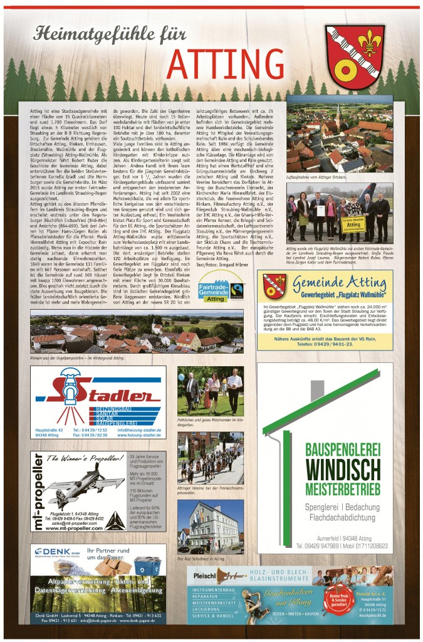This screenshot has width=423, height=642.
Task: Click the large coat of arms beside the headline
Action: (x=355, y=57)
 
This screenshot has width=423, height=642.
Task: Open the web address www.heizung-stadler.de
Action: (x=140, y=434)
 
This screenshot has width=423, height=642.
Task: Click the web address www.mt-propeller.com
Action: (x=78, y=529)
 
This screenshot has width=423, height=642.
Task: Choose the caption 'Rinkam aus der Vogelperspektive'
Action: (x=76, y=357)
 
